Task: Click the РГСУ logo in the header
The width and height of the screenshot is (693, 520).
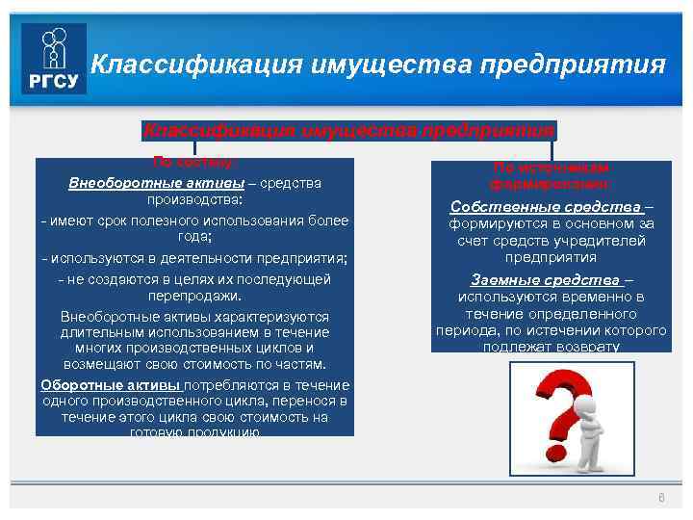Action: click(55, 60)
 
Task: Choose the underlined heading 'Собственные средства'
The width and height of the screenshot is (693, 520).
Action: click(547, 207)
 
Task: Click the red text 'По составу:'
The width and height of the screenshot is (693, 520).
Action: click(194, 162)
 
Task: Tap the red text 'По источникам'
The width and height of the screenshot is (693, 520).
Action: click(550, 167)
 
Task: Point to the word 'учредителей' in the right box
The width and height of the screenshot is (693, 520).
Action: click(600, 241)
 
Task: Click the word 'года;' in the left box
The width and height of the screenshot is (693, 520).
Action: click(194, 240)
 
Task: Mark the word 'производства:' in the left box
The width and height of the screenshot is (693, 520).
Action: click(194, 201)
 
